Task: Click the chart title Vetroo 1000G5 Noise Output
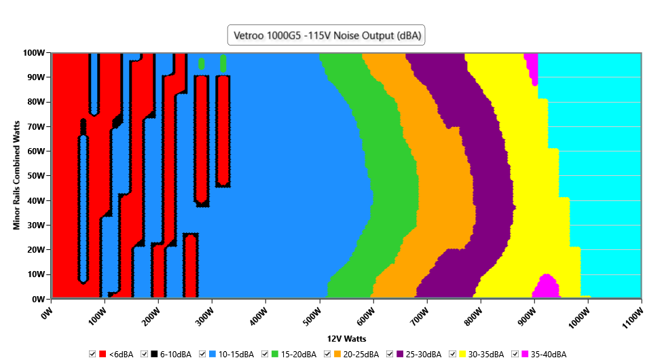[326, 36]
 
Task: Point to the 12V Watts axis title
[347, 338]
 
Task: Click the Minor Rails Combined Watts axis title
[16, 175]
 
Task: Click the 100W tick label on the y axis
[33, 52]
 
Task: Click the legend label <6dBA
[121, 355]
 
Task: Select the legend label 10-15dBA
[236, 355]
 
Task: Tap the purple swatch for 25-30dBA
[401, 355]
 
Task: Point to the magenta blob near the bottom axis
[547, 286]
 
